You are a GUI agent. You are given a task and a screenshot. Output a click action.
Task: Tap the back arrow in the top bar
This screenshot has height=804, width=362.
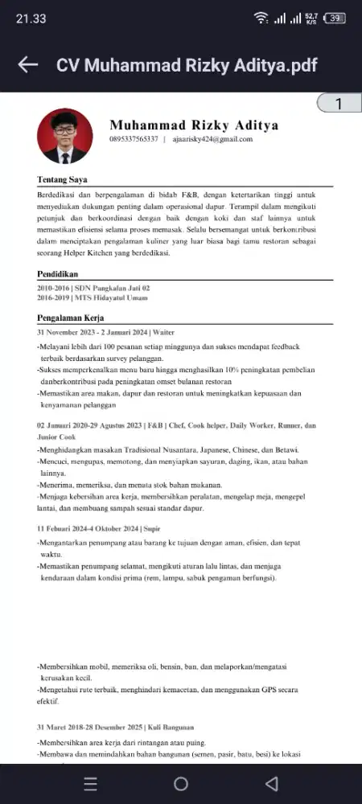click(28, 65)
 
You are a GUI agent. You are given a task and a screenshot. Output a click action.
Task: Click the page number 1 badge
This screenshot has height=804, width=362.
click(338, 104)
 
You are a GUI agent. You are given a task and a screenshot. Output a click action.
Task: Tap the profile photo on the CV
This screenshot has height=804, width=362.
click(65, 137)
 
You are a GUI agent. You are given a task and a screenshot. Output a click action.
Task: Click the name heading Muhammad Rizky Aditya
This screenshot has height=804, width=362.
click(194, 125)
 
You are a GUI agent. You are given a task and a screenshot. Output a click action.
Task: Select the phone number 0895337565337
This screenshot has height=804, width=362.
click(134, 139)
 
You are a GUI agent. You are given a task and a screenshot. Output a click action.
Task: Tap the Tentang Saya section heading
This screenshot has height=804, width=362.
click(62, 179)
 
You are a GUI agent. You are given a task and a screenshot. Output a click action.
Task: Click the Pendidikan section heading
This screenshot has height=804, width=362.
click(58, 274)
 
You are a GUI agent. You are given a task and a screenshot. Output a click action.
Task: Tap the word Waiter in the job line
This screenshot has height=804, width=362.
click(164, 332)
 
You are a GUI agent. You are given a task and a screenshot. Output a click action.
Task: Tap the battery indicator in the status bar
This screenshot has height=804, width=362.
click(336, 18)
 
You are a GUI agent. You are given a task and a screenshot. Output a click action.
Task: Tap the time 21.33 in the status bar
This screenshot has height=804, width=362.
click(31, 18)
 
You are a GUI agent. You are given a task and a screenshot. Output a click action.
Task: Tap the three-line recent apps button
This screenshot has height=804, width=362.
click(91, 784)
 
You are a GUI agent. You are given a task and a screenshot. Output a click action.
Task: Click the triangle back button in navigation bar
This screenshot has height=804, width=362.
click(271, 784)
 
